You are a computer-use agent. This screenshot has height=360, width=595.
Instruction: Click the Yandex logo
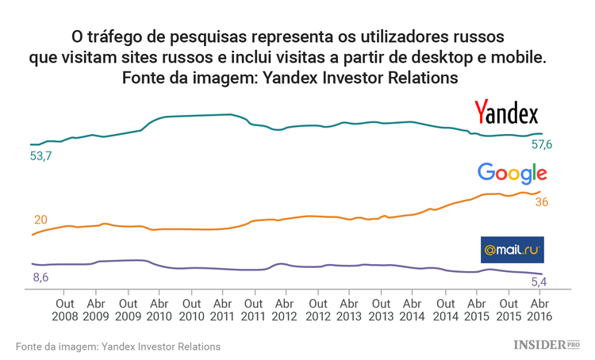(506, 113)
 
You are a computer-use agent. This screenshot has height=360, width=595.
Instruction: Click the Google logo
(512, 173)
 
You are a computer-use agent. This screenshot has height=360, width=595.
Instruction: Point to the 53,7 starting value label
(40, 157)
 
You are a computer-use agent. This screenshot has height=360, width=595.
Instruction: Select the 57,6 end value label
(542, 144)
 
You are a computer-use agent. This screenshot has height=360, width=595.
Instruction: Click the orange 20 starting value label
(41, 220)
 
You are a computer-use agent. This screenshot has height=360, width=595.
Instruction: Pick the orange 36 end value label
(542, 202)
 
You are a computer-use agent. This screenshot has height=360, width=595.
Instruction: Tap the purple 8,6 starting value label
(40, 277)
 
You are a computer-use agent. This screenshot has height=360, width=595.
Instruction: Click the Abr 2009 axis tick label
(95, 309)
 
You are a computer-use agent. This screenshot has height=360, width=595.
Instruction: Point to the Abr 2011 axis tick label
(222, 309)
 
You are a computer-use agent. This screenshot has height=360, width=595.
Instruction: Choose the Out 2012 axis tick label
(317, 309)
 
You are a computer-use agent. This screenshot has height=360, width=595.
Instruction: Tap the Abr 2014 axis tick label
(413, 309)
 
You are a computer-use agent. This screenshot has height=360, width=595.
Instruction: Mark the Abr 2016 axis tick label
(539, 309)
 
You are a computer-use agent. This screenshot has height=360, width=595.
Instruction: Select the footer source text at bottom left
(117, 347)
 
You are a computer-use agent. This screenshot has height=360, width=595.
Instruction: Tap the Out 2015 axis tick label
(508, 309)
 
